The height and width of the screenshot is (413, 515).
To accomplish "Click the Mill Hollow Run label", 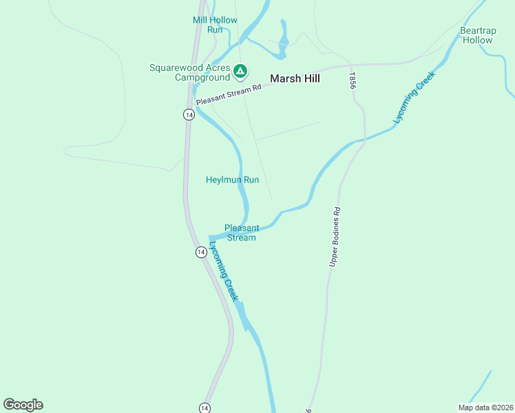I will [x=215, y=25].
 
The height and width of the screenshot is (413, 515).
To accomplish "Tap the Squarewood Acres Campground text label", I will [x=190, y=72].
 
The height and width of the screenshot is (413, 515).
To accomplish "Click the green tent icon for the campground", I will [x=240, y=70].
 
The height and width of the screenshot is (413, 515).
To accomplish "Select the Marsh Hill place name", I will [x=295, y=78].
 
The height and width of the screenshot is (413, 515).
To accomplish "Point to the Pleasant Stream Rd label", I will [x=229, y=96].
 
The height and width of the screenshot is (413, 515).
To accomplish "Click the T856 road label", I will [x=353, y=81].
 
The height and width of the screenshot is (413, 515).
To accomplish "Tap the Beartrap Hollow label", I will [x=476, y=35].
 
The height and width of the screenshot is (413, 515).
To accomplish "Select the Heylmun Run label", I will [x=232, y=180].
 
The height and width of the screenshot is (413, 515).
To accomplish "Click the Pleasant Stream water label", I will [x=242, y=233].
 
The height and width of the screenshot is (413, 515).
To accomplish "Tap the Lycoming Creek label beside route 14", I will [x=224, y=272].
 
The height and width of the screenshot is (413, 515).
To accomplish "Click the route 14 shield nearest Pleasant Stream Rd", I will [x=188, y=114].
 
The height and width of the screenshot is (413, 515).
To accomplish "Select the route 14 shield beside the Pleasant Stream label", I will [x=200, y=253].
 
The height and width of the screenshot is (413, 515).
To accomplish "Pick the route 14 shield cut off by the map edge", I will [x=204, y=408].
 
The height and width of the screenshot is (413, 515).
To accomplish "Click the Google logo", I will [x=23, y=405].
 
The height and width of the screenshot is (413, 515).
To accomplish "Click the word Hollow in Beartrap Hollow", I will [x=477, y=40].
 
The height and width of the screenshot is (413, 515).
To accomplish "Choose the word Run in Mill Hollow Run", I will [x=215, y=30].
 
